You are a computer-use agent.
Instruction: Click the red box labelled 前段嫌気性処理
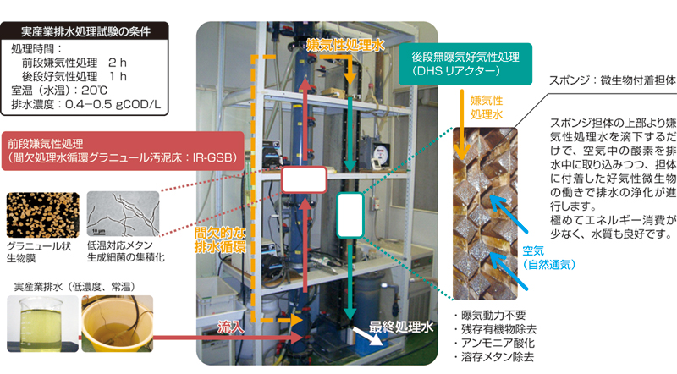pyautogui.click(x=124, y=147)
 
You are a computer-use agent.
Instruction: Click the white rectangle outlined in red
pyautogui.click(x=304, y=180)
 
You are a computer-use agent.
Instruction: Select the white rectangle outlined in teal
pyautogui.click(x=349, y=214)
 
